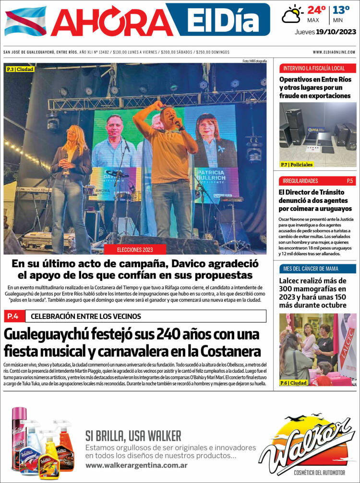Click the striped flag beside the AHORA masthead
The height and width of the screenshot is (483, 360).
click(25, 21)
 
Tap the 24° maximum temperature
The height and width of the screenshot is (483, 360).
click(316, 10)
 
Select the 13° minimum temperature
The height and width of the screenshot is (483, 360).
click(341, 10)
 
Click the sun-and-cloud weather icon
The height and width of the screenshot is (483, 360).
click(292, 14)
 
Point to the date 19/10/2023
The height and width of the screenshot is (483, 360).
click(336, 32)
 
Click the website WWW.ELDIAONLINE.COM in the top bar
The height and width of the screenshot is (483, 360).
click(334, 52)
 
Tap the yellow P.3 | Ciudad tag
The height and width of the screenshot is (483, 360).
click(20, 70)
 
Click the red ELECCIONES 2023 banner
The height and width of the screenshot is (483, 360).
click(142, 250)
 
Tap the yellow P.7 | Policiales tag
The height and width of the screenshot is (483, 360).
click(297, 165)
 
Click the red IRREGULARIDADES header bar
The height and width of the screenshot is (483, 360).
click(317, 181)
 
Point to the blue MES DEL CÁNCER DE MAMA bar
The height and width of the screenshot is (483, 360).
click(317, 268)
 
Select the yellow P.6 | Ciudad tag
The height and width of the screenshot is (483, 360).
click(294, 383)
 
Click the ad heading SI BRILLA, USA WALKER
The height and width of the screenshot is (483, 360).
click(133, 436)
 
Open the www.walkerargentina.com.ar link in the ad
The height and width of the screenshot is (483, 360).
click(136, 465)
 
